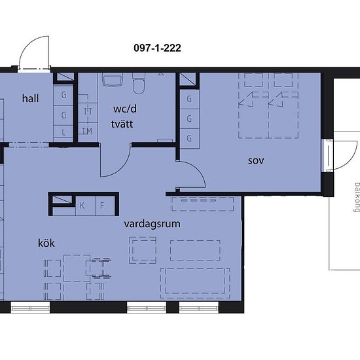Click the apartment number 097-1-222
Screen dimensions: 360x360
(157, 48)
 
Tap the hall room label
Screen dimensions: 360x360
(30, 98)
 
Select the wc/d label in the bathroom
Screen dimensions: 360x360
(125, 109)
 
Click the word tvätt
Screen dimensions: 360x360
(122, 124)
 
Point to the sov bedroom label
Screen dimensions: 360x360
(256, 161)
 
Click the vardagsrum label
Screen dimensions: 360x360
(152, 224)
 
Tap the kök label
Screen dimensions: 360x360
(46, 243)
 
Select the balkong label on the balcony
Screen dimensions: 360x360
(357, 198)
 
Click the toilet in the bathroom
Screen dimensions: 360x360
(139, 84)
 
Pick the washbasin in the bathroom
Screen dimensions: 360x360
(113, 79)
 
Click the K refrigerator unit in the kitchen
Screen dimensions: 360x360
(85, 206)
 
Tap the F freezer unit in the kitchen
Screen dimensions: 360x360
(105, 206)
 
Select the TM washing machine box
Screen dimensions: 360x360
(88, 132)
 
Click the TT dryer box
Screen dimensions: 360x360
(88, 112)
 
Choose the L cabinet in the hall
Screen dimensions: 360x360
(63, 132)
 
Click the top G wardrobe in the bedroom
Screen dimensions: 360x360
(189, 99)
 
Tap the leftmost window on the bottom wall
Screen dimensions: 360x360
(30, 308)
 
